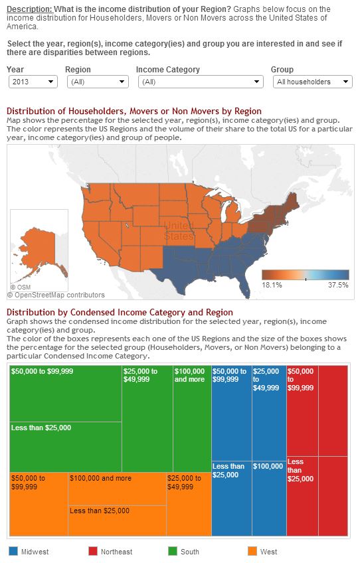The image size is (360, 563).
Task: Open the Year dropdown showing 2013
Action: pos(33,82)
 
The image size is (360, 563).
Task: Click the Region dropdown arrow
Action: pos(122,82)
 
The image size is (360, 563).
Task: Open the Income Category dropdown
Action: pos(201,82)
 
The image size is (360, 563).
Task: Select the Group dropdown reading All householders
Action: pos(312,82)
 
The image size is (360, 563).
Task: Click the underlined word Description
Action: pos(29,9)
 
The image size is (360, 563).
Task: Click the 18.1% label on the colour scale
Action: pos(272,285)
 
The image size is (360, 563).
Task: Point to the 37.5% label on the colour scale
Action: pos(338,285)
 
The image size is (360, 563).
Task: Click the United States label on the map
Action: pos(179,231)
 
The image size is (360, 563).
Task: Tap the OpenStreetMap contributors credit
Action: pos(56,295)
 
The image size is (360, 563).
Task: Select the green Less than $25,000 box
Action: pos(66,447)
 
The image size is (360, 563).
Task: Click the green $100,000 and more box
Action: pos(192,419)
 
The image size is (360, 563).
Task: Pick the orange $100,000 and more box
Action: pos(117,489)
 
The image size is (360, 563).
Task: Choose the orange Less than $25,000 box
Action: pos(117,521)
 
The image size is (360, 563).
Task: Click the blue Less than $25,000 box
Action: pos(232,498)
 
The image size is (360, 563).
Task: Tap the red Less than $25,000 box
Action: pos(302,496)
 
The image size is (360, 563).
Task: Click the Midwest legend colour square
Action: pos(13,551)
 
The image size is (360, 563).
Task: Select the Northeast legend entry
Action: pos(111,552)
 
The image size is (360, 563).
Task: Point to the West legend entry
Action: pos(262,552)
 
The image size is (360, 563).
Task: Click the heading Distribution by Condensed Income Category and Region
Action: pos(120,313)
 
